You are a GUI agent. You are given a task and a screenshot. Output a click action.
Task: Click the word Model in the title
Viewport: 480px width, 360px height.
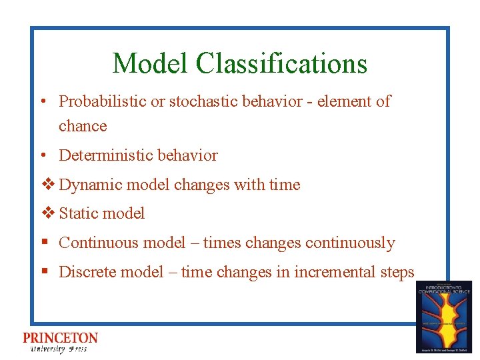coord(151,63)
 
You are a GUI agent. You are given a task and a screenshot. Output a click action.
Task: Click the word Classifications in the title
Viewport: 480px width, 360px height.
coord(281,63)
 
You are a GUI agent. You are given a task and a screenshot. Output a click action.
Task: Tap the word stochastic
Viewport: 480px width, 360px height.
coord(212,101)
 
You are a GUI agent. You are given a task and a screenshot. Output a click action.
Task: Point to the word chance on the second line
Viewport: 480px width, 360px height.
coord(83,125)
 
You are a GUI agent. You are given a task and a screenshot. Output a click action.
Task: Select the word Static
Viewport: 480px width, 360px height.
coord(76,213)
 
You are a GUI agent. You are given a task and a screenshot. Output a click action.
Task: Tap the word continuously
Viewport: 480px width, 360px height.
coord(350,243)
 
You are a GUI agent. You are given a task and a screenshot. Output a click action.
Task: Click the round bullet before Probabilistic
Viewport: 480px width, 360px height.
coord(42,102)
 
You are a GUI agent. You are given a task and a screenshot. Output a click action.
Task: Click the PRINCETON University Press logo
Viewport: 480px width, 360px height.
coord(60,342)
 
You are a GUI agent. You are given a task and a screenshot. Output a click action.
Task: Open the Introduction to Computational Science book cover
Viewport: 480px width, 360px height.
coord(443,316)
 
